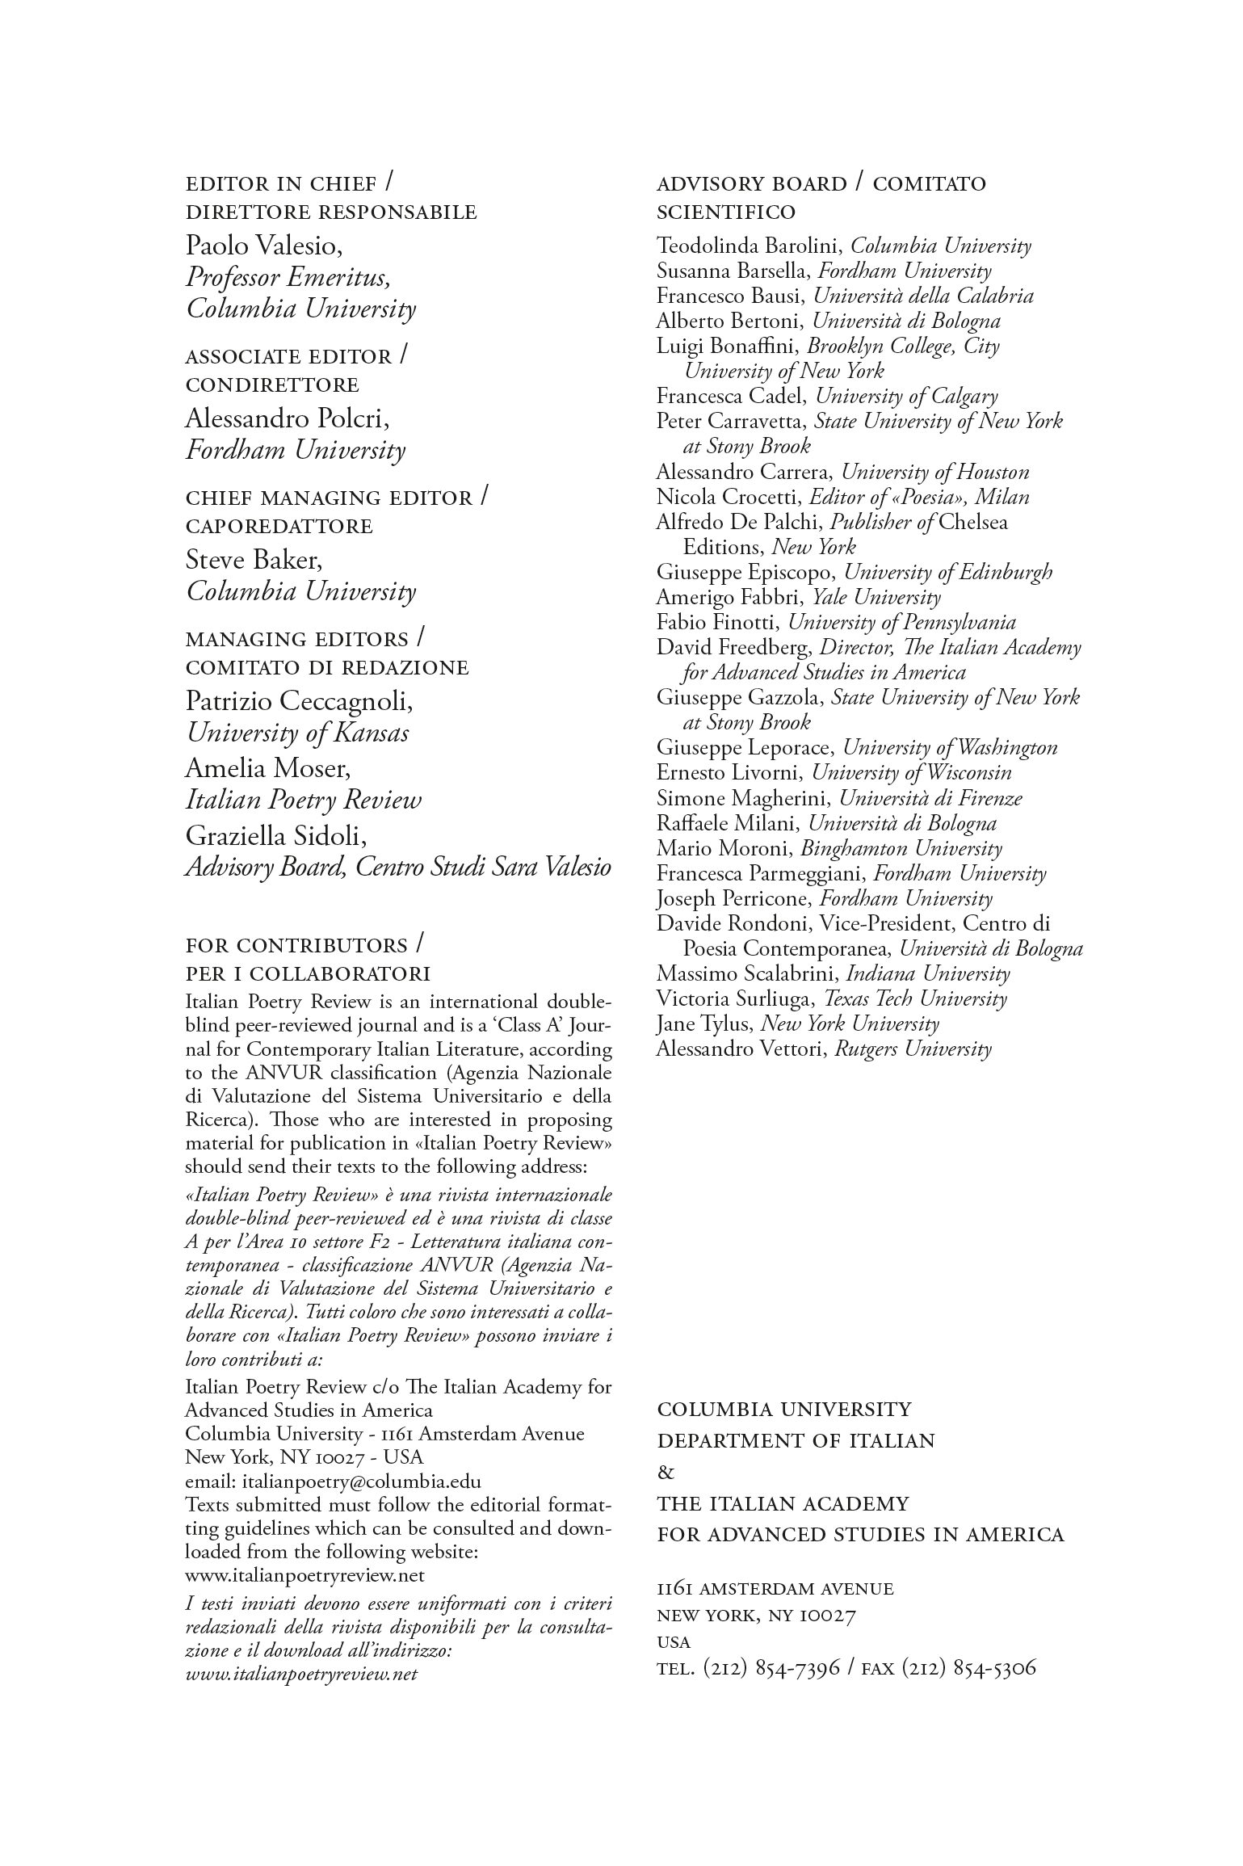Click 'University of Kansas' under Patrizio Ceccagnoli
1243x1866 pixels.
pos(297,733)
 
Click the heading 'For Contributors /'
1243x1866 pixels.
pos(305,945)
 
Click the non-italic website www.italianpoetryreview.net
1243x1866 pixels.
pos(304,1575)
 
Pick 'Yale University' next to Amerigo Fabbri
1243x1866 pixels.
pos(876,598)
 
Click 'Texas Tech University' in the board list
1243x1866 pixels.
pos(915,999)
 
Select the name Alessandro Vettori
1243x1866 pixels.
pos(739,1049)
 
